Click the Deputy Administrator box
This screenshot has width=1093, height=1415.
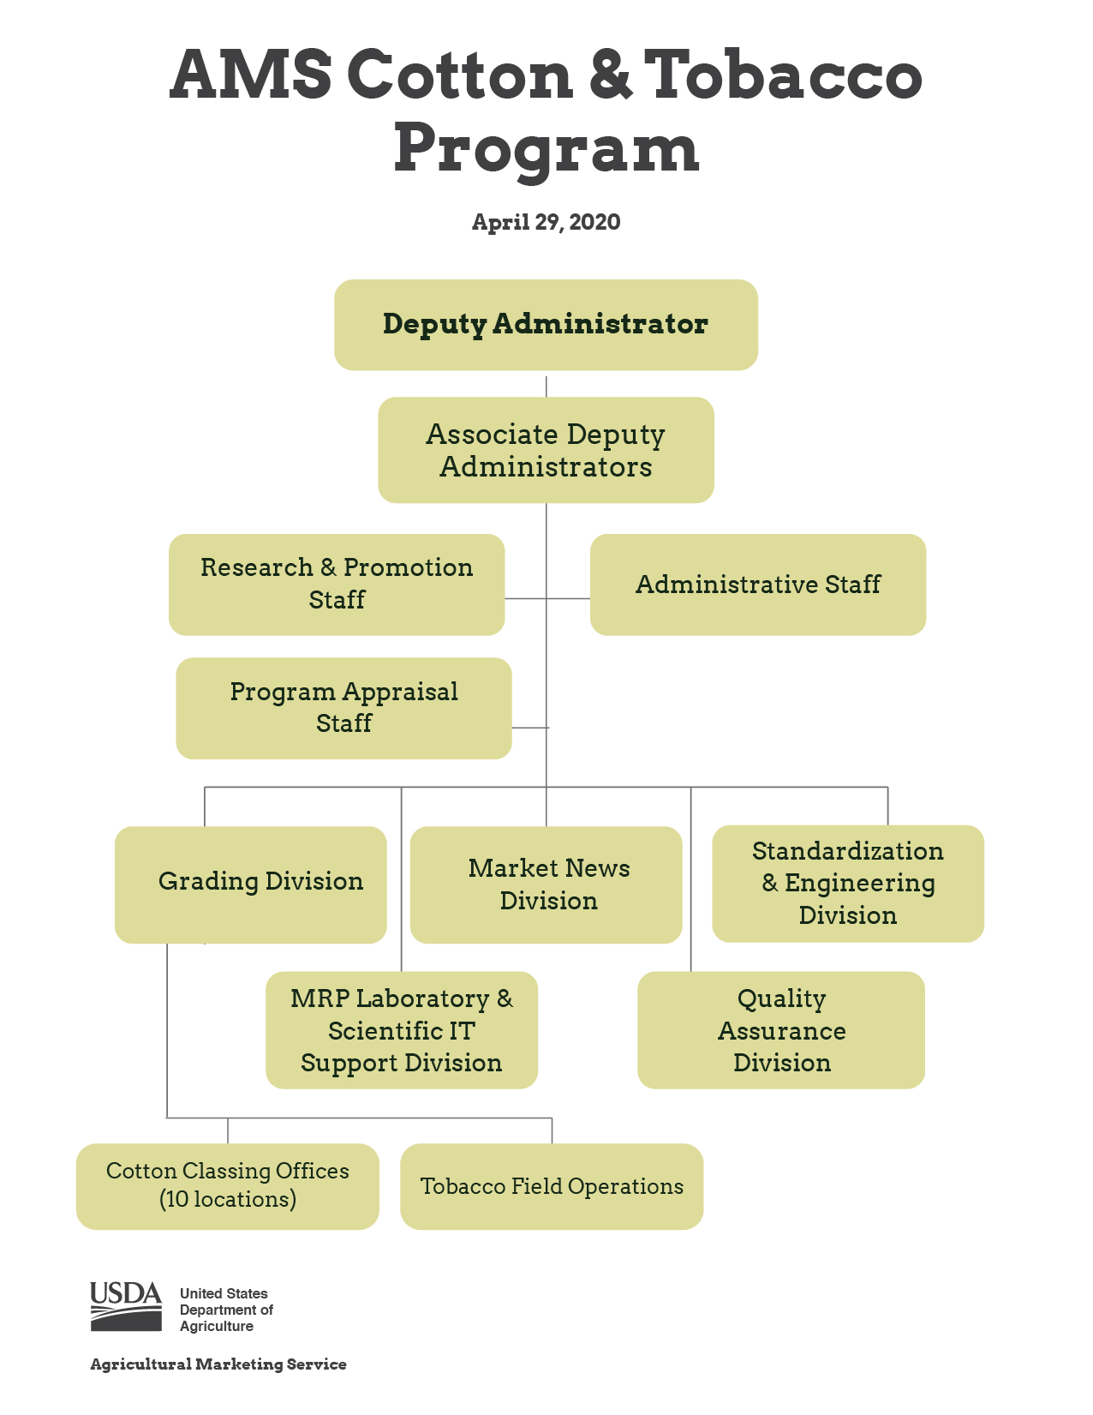(x=546, y=325)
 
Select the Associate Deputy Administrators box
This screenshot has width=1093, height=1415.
(x=546, y=450)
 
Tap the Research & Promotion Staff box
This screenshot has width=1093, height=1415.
(x=337, y=585)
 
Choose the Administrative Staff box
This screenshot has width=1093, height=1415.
(x=758, y=585)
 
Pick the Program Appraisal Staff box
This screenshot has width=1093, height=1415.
(x=343, y=708)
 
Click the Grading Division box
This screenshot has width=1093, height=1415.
(x=251, y=884)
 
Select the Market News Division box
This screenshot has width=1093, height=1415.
(x=546, y=884)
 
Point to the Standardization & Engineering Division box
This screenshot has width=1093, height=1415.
(x=848, y=884)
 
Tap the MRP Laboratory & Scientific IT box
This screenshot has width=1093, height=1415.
(x=402, y=1030)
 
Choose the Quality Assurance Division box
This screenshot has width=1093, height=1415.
(x=781, y=1030)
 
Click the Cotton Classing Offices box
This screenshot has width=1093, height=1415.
(x=228, y=1186)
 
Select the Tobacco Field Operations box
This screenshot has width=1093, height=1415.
(x=552, y=1186)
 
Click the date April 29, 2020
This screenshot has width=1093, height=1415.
(x=546, y=222)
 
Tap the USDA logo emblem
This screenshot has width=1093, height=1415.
(x=126, y=1306)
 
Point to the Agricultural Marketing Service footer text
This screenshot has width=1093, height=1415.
(x=218, y=1364)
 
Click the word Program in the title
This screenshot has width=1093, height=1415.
(x=546, y=148)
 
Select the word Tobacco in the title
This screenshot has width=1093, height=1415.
(x=783, y=75)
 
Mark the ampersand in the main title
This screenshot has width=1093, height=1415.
(x=609, y=75)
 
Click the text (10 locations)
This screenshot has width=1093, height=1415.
(x=228, y=1199)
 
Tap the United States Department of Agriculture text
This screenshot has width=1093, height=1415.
(x=226, y=1310)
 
